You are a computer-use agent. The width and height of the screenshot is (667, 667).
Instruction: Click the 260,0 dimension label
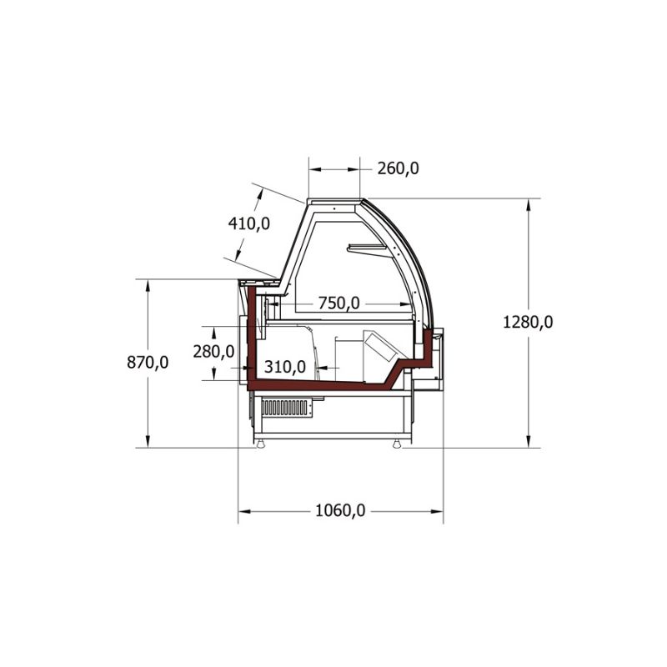tap(399, 169)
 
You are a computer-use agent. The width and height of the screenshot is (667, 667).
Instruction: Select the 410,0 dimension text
tap(248, 223)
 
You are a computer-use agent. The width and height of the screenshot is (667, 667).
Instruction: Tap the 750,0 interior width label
tap(339, 303)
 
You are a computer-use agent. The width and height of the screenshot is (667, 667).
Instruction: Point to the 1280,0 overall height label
tap(528, 322)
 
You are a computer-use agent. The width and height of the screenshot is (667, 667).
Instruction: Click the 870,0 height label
tap(148, 363)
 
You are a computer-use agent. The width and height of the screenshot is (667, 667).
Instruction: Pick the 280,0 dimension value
tap(213, 352)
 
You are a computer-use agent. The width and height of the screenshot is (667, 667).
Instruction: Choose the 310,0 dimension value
tap(285, 366)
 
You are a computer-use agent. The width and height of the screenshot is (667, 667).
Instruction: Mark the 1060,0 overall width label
tap(340, 510)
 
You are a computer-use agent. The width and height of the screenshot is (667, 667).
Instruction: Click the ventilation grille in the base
tap(284, 408)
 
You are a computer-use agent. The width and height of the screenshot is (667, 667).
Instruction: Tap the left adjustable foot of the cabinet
tap(259, 444)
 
